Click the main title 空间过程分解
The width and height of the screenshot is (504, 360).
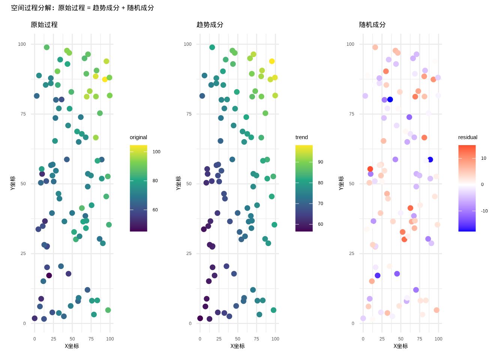click(82, 8)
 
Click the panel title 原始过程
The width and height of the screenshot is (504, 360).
click(44, 25)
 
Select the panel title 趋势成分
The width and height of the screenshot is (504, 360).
click(210, 25)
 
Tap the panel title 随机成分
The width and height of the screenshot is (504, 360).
click(372, 25)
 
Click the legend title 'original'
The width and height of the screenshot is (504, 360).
click(138, 137)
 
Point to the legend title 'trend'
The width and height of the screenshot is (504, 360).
click(301, 137)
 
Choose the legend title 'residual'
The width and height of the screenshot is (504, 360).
click(468, 137)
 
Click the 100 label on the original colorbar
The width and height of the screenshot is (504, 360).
click(156, 152)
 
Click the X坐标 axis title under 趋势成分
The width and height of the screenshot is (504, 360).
click(237, 346)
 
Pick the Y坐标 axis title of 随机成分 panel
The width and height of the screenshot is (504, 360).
click(341, 183)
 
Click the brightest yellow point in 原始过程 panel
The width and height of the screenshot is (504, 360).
click(105, 79)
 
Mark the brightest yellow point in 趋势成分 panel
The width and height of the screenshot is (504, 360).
click(272, 61)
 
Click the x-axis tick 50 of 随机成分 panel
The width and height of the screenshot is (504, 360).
click(401, 339)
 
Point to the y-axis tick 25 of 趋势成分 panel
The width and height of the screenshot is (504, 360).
click(189, 253)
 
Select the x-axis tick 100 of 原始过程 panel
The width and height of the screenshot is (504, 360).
click(110, 339)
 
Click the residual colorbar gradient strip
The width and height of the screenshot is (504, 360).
click(467, 188)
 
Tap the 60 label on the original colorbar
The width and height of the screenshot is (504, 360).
click(155, 210)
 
